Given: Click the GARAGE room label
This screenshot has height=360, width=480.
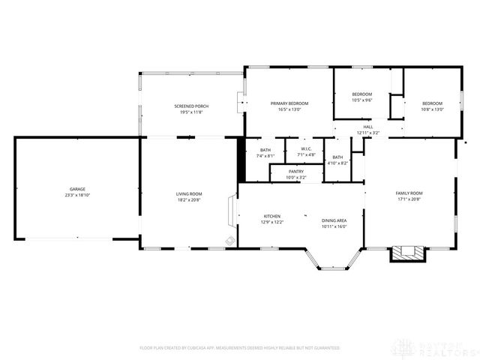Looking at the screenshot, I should point(78,189).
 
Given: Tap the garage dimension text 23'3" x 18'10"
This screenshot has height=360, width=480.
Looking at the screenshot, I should point(78,195).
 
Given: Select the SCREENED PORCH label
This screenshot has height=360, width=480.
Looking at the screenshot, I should point(191,106).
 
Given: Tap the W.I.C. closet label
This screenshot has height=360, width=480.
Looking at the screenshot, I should point(306,149).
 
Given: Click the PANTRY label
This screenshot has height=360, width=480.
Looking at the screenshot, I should point(296,172).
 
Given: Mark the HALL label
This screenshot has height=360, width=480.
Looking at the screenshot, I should point(367,127).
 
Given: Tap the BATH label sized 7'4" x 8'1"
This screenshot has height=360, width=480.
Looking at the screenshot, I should point(265,150).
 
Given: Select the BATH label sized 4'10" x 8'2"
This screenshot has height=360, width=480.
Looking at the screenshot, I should point(337,157).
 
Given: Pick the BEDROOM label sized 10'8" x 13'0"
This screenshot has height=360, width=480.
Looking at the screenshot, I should point(432,103).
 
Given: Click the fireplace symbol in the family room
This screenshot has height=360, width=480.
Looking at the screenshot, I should point(407,253).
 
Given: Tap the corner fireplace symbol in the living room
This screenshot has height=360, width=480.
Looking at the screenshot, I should point(230,241).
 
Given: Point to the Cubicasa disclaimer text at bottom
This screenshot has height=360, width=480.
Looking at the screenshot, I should point(240,348).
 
